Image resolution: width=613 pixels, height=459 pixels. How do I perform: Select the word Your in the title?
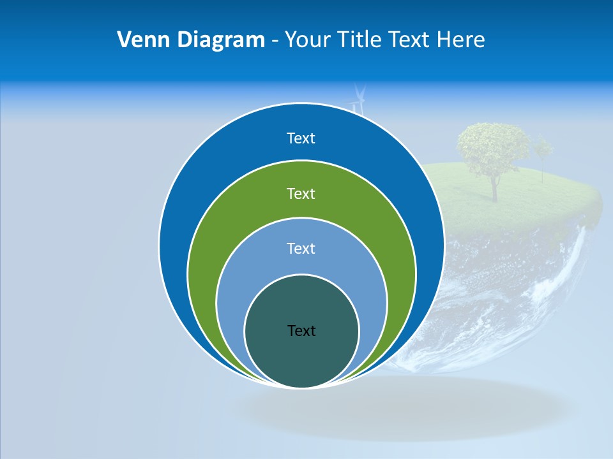click(306, 40)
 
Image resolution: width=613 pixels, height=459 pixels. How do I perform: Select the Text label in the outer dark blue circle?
click(301, 138)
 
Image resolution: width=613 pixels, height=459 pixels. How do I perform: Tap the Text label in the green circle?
click(301, 193)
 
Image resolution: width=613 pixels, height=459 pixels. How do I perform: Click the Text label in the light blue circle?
click(301, 249)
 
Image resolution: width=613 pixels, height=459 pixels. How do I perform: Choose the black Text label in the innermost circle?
click(301, 331)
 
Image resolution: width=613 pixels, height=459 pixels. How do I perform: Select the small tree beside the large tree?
click(543, 153)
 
